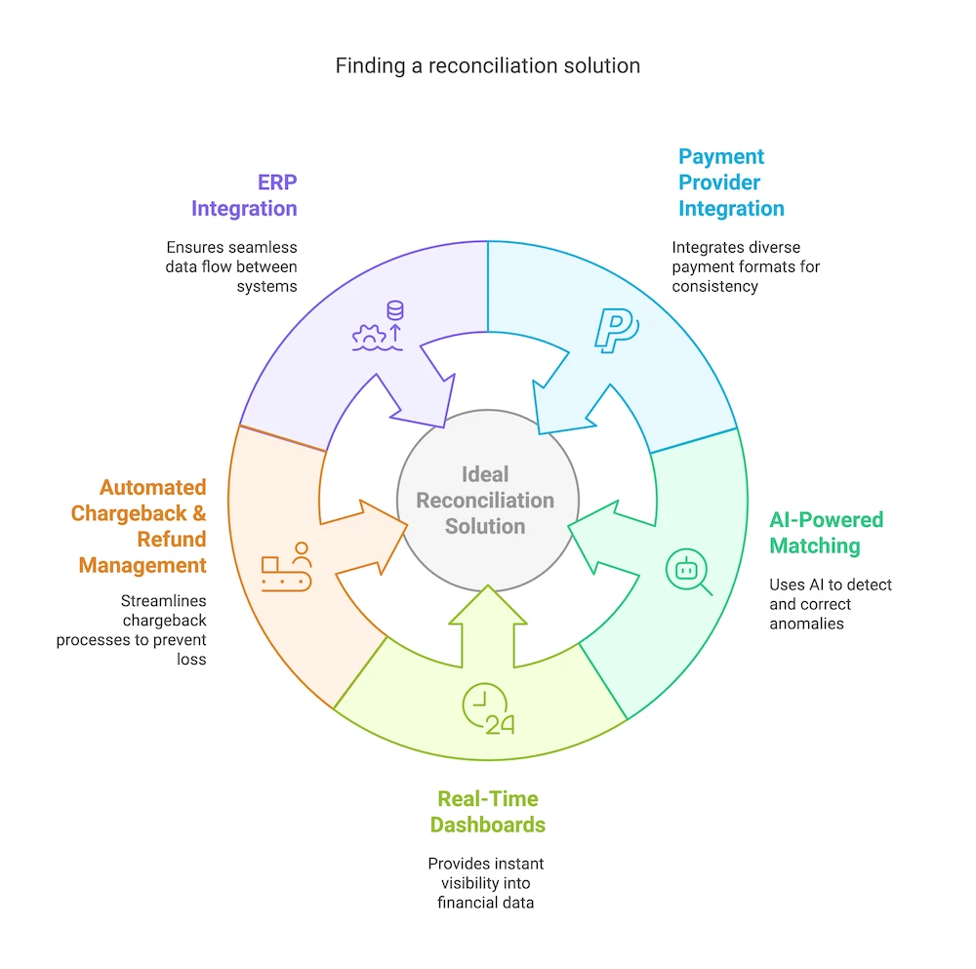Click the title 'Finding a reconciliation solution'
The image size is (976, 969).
[x=488, y=65]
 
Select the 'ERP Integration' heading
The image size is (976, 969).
[x=244, y=195]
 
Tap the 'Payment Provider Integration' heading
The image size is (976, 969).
[x=731, y=182]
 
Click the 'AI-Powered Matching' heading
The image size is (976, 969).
[x=826, y=533]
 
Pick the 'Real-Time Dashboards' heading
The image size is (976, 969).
[x=487, y=812]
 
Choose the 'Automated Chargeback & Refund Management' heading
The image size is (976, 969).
[x=139, y=526]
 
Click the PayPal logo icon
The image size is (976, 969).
[x=615, y=329]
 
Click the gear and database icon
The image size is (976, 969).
[x=378, y=327]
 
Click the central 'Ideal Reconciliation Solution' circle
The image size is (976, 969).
[x=485, y=500]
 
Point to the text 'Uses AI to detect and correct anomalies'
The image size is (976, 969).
[x=831, y=604]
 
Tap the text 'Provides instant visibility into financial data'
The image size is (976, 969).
[x=486, y=883]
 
